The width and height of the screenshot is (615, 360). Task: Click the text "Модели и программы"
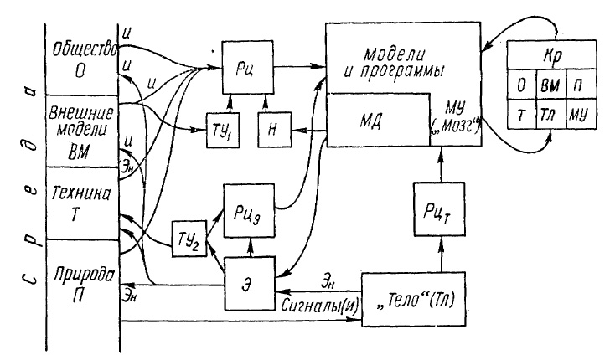402,62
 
